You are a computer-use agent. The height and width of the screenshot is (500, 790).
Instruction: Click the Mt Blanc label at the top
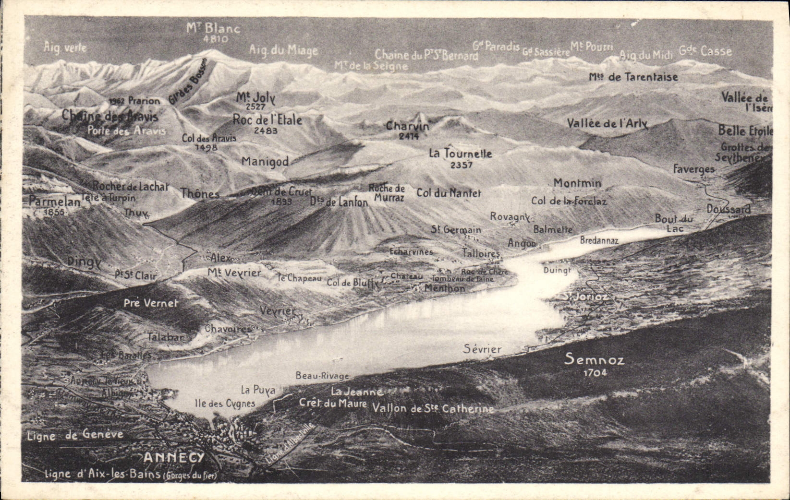213,28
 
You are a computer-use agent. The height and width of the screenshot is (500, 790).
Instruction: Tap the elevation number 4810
216,39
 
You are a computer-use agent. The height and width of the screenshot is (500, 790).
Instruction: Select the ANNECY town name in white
174,457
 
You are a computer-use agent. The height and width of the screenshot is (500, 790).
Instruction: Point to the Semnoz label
594,359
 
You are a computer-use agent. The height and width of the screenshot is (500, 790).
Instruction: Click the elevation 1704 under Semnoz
595,372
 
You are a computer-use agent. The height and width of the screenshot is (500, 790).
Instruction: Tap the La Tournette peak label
460,154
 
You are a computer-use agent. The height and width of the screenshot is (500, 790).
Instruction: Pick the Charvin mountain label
408,126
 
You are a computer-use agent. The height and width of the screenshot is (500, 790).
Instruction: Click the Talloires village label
481,253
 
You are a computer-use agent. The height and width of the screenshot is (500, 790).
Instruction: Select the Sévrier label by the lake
482,349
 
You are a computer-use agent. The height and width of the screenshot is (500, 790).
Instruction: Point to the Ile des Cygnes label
225,403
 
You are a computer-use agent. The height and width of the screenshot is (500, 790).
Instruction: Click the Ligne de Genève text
75,435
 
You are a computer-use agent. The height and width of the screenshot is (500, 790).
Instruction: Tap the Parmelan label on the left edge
54,202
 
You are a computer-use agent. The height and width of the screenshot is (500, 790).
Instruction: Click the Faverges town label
693,169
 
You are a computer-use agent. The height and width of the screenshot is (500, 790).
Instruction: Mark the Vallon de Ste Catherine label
433,409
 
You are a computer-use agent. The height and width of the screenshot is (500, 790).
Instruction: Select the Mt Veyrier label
234,273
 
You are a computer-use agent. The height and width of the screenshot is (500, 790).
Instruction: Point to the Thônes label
200,193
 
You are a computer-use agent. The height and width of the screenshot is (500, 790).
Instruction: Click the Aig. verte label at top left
65,47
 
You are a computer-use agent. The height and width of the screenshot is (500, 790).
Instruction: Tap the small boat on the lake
338,357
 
